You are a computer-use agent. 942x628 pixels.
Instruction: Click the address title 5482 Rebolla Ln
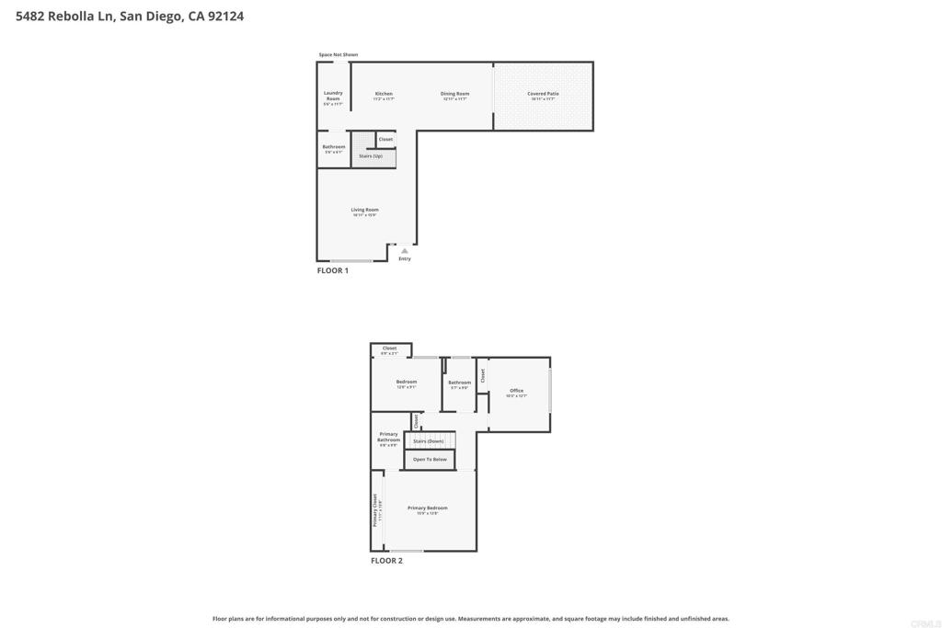click(x=130, y=17)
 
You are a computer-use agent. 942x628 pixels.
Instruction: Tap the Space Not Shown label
click(x=338, y=55)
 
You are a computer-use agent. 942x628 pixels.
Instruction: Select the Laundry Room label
click(x=333, y=96)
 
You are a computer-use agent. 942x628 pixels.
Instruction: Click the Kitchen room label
click(x=384, y=94)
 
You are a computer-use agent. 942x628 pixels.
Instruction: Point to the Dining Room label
click(x=454, y=94)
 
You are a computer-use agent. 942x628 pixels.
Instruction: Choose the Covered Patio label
click(x=543, y=94)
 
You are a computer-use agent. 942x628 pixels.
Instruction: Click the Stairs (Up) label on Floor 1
click(x=371, y=156)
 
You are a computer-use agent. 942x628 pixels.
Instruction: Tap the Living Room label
click(x=364, y=210)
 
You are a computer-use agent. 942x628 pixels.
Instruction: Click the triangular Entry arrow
click(x=404, y=250)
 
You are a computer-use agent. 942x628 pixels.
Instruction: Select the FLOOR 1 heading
click(x=333, y=271)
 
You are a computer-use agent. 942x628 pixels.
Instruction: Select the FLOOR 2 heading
click(x=386, y=561)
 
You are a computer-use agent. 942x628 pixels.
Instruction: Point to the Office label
click(x=516, y=391)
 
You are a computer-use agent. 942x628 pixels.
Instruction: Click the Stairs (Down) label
click(x=429, y=441)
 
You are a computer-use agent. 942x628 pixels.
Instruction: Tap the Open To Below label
click(x=430, y=459)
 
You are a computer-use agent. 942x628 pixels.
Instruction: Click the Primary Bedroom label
click(x=428, y=508)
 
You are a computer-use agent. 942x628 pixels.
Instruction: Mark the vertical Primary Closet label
click(x=375, y=509)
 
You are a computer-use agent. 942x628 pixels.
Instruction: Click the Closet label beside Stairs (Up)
click(x=385, y=140)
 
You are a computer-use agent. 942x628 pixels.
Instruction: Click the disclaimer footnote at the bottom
click(x=471, y=619)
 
